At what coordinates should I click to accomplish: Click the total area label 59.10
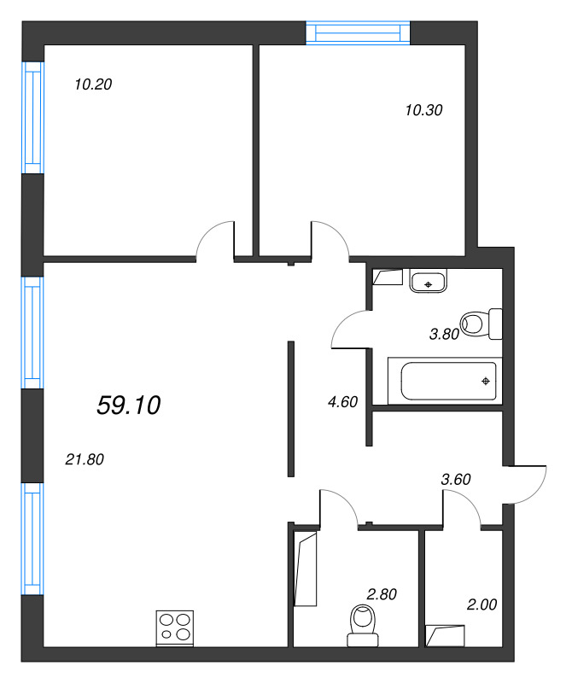129,406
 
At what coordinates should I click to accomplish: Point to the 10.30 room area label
424,109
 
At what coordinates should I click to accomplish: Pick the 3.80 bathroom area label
445,334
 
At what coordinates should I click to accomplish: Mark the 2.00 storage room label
482,604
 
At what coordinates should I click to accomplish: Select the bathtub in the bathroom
441,381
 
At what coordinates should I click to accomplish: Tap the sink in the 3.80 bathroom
428,281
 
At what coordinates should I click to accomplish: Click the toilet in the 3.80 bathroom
482,324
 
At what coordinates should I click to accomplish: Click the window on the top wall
359,33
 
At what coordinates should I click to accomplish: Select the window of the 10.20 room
32,116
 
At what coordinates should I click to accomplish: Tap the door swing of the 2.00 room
461,509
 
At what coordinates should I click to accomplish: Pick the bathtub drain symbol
486,381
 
